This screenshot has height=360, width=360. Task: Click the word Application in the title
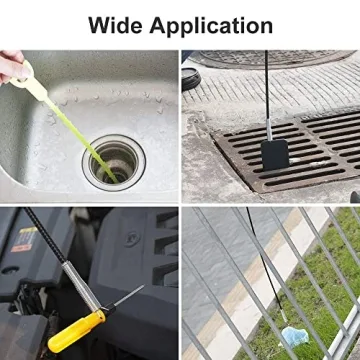(211, 24)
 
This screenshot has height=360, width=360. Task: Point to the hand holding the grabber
(13, 64)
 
